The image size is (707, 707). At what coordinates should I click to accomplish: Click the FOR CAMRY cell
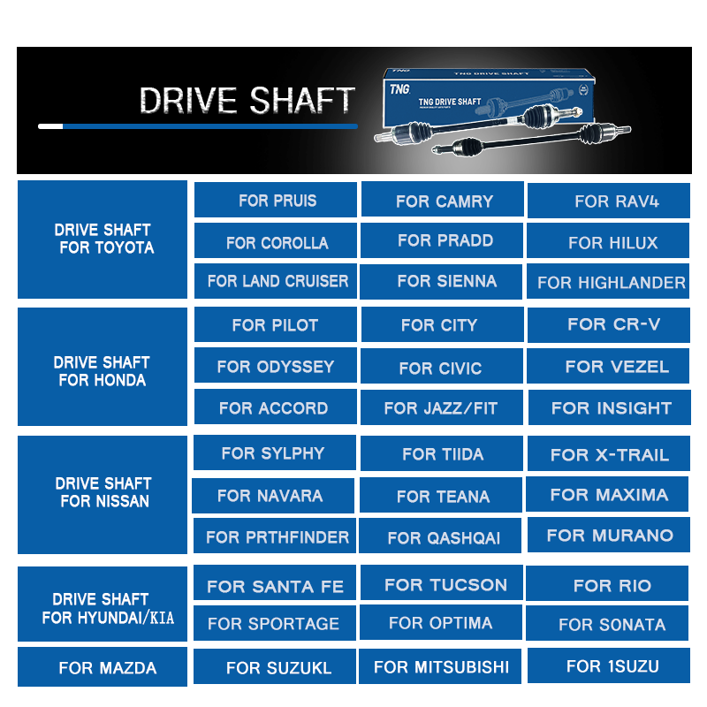(445, 201)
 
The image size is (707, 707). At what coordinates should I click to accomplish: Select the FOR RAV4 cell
(608, 201)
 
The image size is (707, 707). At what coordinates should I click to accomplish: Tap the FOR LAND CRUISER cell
(276, 282)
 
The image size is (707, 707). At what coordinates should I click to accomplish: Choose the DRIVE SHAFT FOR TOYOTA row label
(103, 239)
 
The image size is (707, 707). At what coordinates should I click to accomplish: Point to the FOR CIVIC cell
(441, 368)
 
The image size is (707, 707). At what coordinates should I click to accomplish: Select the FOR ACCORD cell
(275, 407)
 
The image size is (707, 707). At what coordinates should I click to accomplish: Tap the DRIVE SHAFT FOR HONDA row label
(103, 371)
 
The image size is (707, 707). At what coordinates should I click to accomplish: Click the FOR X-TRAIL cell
(608, 454)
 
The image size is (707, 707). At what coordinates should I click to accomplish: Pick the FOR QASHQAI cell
(441, 536)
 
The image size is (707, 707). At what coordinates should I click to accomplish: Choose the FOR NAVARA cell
(272, 496)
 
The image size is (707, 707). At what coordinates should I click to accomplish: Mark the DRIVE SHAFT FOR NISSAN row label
(103, 492)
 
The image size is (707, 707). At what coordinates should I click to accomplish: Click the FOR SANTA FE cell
(275, 585)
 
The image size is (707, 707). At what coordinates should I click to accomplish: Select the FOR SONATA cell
(608, 624)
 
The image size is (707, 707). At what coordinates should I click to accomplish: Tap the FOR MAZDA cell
(103, 667)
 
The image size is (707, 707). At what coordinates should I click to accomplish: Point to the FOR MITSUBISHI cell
(441, 666)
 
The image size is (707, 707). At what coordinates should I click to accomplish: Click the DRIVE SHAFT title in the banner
(247, 101)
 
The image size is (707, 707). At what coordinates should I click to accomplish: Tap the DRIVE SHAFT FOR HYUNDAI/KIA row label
(103, 608)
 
